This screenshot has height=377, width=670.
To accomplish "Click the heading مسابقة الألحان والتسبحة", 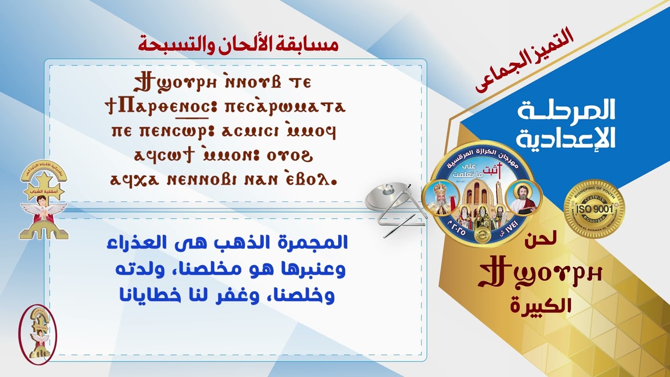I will click(238, 44).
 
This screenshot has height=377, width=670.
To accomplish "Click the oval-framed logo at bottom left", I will click(38, 334).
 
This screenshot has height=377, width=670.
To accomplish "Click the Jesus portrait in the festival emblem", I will click(521, 198).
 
